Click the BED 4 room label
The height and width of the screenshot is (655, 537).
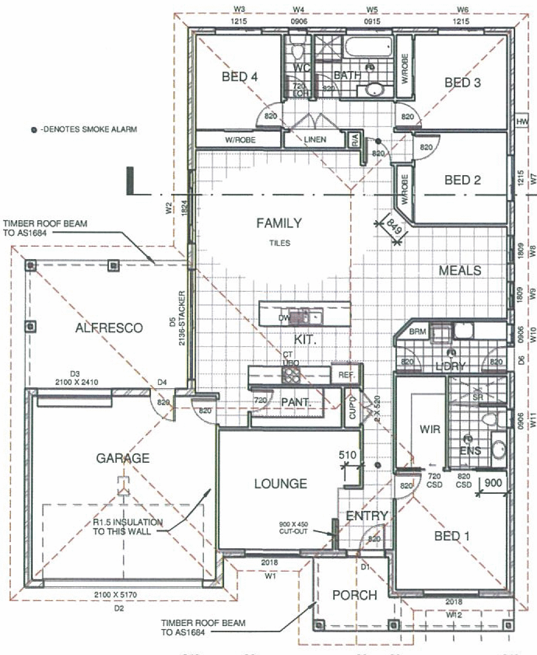239,77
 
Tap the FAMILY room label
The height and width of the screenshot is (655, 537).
279,223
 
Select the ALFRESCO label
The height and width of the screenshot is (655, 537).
108,328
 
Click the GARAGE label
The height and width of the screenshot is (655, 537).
122,458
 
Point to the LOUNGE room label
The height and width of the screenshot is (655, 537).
280,484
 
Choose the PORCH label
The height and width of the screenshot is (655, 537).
354,595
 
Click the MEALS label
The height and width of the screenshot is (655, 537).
460,270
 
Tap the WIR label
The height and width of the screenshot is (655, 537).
430,429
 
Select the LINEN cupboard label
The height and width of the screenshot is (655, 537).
315,139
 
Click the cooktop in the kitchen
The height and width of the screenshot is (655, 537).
291,374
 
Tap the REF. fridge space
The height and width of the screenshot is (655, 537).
346,375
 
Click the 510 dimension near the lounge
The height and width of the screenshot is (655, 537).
348,455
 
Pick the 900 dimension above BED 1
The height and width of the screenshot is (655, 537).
492,483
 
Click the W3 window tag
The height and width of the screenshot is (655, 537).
240,9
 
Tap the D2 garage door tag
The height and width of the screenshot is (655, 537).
119,608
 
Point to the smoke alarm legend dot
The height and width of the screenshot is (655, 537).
34,130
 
